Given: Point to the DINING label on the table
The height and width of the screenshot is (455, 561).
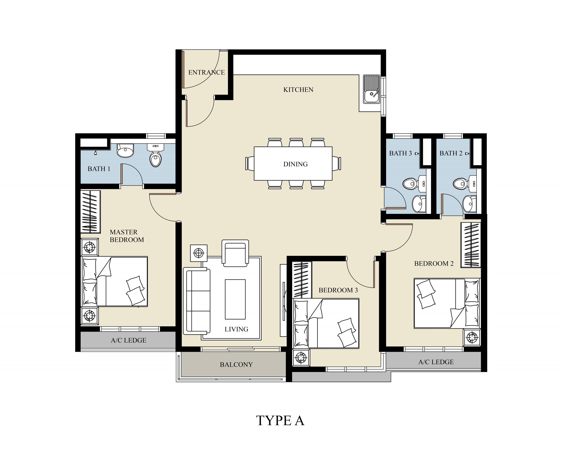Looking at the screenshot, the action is click(295, 164).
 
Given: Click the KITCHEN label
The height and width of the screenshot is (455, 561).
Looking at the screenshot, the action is click(298, 90).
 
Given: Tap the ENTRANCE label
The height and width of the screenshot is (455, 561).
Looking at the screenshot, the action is click(206, 72).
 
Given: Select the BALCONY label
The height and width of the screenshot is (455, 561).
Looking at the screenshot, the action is click(236, 364).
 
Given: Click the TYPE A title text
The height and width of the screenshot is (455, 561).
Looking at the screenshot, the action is click(280, 421).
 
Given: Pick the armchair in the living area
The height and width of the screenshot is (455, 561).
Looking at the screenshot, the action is click(235, 253).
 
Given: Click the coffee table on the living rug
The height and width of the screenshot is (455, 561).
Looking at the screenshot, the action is click(235, 299).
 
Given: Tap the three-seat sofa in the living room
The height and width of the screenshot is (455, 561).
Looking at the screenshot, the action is click(197, 301).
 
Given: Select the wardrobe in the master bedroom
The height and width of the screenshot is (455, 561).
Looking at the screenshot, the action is click(90, 212).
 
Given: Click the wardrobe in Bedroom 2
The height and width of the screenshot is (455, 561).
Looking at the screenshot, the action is click(471, 245).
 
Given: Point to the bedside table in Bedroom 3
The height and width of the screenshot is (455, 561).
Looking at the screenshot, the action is click(301, 357).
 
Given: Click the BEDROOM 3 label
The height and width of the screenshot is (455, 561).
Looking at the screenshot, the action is click(338, 290).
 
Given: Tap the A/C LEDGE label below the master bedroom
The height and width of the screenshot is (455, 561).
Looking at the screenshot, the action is click(128, 340).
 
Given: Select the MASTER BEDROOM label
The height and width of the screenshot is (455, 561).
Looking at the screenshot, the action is click(127, 236).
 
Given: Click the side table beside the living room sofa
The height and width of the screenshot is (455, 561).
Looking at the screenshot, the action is click(199, 253).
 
